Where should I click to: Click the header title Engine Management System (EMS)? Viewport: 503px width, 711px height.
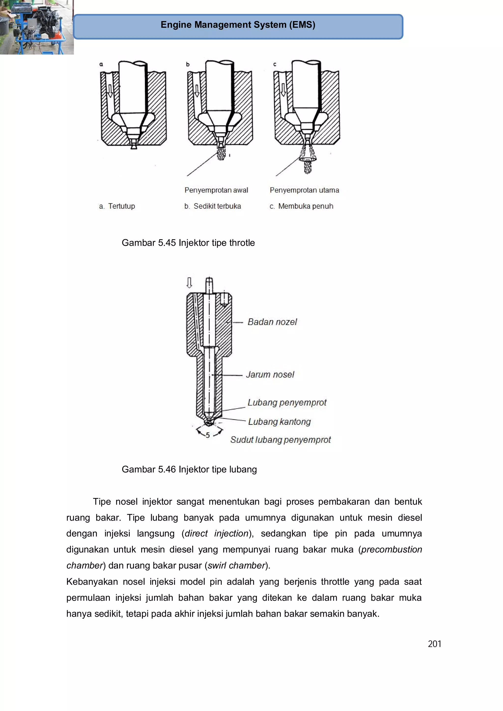click(x=238, y=25)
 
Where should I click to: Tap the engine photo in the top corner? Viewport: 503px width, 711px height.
click(x=37, y=27)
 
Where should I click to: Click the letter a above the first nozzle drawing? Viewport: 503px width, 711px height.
click(x=101, y=64)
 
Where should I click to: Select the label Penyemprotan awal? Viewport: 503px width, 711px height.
click(x=216, y=190)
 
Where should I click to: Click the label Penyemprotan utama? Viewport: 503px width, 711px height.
click(x=304, y=190)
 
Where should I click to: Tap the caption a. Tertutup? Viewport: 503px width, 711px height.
click(x=117, y=206)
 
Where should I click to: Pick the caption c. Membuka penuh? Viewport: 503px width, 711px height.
click(x=301, y=206)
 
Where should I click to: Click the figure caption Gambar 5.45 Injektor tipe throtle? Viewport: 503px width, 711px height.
click(x=188, y=243)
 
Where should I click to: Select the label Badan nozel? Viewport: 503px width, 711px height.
click(x=272, y=322)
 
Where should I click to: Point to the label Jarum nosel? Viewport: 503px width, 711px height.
click(x=270, y=375)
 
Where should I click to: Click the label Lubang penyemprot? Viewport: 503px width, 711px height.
click(x=287, y=402)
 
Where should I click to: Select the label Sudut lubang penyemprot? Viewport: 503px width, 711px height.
click(x=280, y=440)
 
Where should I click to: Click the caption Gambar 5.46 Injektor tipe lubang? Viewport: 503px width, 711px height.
click(x=189, y=470)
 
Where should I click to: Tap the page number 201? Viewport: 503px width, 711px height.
click(x=434, y=644)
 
